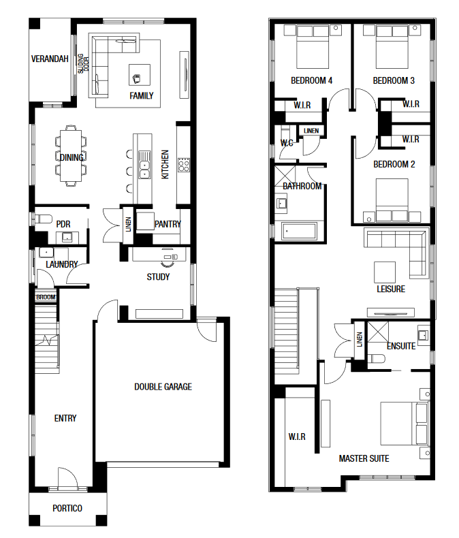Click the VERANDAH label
pos(50,59)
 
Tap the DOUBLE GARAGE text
pos(163,387)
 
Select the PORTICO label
pos(67,508)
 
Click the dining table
pos(71,156)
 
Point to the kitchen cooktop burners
pos(183,165)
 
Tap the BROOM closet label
pos(46,297)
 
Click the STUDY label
pos(158,277)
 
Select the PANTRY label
pos(168,224)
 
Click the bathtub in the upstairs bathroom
pos(299,232)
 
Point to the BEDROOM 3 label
pos(394,80)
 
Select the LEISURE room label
pos(391,289)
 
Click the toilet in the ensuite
pos(377,359)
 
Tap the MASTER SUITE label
pos(364,459)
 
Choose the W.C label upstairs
pos(287,143)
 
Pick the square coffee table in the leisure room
pos(385,272)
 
